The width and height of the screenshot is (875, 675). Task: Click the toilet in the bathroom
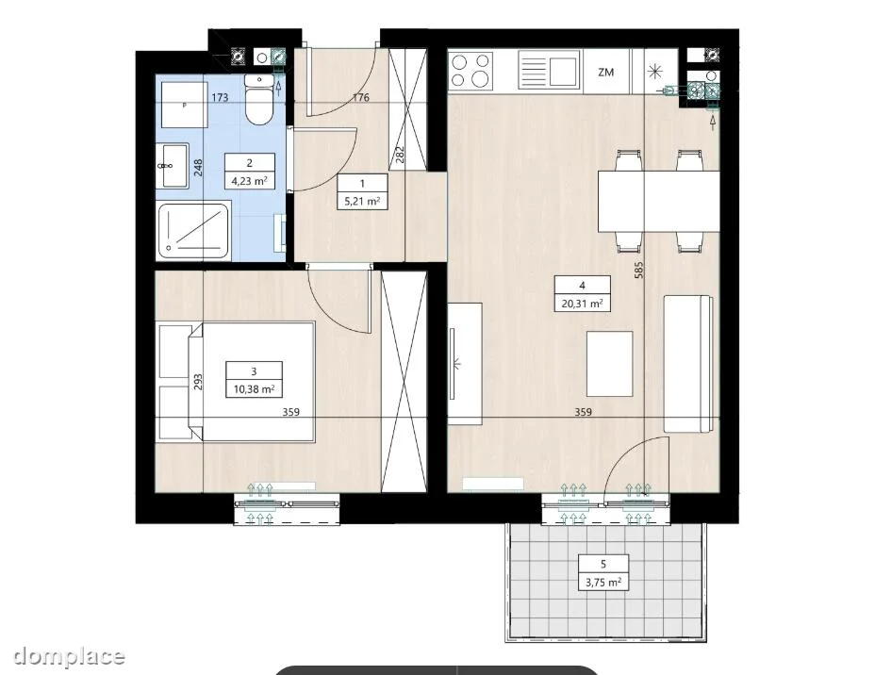(x=259, y=101)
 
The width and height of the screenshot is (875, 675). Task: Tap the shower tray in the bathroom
(x=193, y=232)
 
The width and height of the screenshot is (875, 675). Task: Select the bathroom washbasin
(x=173, y=166)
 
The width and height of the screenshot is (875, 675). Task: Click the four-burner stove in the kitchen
(x=471, y=71)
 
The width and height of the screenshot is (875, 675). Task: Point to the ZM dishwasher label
(x=605, y=72)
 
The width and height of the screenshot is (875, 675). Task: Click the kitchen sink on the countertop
(x=551, y=70)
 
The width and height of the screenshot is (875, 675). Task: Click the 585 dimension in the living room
(x=639, y=270)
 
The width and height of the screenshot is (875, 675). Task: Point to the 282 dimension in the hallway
(x=400, y=155)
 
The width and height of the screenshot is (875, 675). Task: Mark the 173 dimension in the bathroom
(x=220, y=98)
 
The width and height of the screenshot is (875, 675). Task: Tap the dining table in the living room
(x=658, y=201)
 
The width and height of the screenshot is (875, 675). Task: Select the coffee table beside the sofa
(x=609, y=363)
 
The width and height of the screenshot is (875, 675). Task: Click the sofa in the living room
(x=688, y=364)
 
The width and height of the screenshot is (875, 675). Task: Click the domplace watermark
(x=69, y=656)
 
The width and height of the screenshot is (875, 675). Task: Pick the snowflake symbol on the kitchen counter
(x=654, y=72)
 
